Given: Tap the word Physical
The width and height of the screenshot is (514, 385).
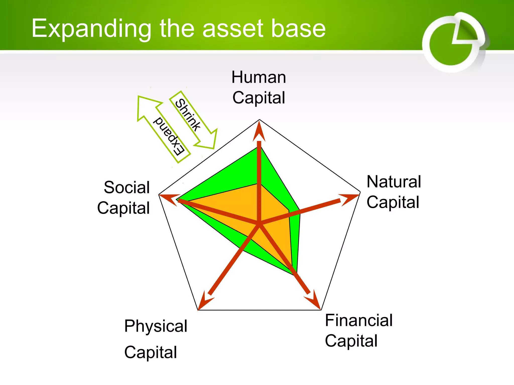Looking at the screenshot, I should [156, 326].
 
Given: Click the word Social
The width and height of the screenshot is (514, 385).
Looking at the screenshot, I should [127, 187].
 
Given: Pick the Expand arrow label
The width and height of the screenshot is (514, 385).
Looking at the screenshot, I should [169, 136].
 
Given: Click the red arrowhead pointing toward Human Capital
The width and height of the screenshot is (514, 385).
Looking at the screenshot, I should [259, 132].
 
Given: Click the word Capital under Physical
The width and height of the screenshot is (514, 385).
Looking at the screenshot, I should [151, 352].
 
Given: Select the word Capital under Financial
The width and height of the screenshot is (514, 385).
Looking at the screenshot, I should [351, 341].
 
